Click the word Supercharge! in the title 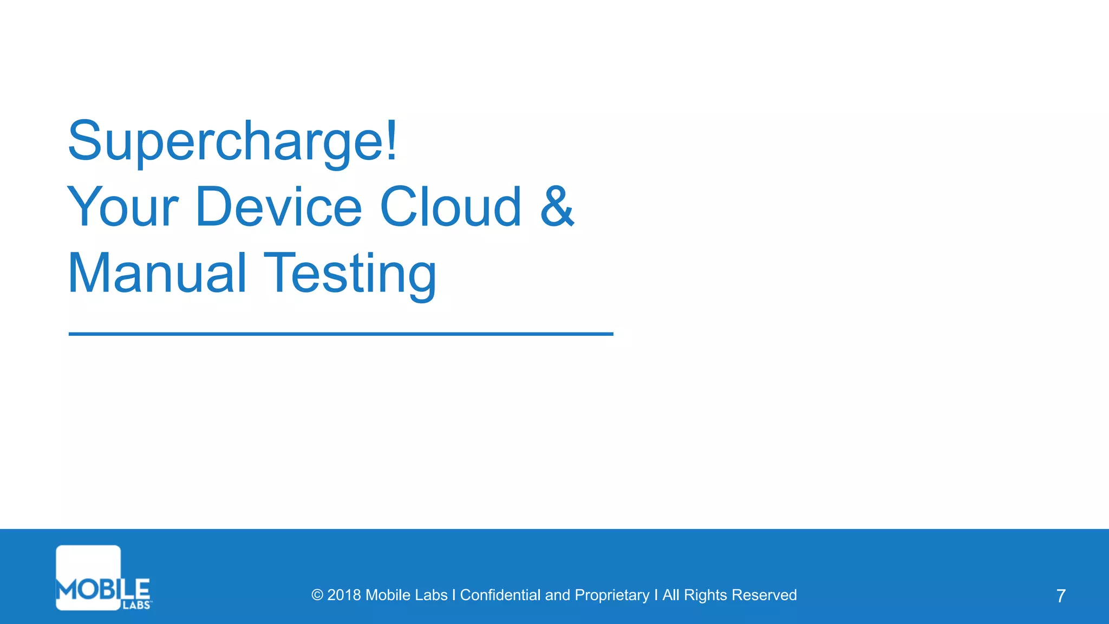233,142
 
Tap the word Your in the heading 123,207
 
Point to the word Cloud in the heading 451,207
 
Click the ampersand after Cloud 557,207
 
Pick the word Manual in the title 158,274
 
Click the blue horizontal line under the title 341,334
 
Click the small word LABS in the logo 136,605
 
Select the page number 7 1061,596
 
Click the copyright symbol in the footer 317,595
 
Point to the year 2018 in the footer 344,595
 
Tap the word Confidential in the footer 500,595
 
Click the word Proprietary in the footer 612,595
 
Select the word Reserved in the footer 764,595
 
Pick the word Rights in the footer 705,595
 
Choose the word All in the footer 670,595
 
